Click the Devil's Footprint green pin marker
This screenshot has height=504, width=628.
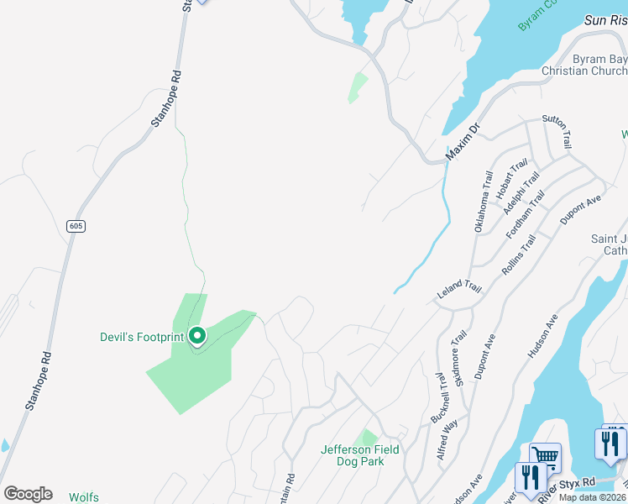[x=197, y=337]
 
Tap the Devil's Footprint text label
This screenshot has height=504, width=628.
[x=141, y=338]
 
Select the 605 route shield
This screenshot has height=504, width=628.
[x=76, y=226]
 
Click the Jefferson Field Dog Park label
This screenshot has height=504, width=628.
[x=360, y=455]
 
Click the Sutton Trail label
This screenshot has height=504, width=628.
[x=557, y=131]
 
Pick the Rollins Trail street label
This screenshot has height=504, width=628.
[x=518, y=254]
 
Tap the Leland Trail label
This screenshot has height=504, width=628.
[x=459, y=291]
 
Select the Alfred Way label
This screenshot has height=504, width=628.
[x=447, y=438]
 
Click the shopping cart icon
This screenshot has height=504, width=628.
[x=545, y=458]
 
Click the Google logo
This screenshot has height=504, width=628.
[x=28, y=494]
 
